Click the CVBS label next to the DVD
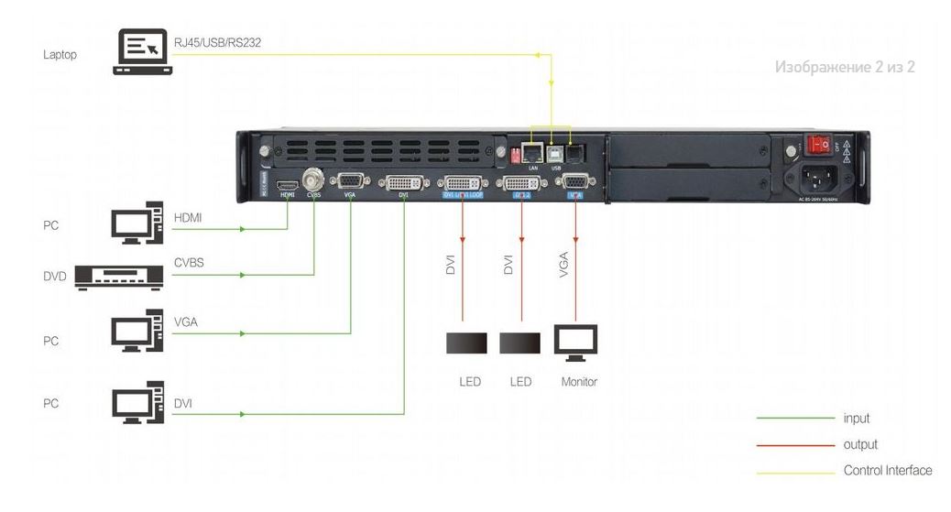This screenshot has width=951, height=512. [189, 263]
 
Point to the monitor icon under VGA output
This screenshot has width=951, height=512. [575, 341]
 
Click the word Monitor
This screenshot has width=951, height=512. [579, 381]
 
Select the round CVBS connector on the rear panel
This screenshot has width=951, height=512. [313, 177]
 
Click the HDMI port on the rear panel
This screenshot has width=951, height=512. [288, 180]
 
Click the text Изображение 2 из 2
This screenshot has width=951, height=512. [845, 68]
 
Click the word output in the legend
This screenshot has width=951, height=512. [859, 445]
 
